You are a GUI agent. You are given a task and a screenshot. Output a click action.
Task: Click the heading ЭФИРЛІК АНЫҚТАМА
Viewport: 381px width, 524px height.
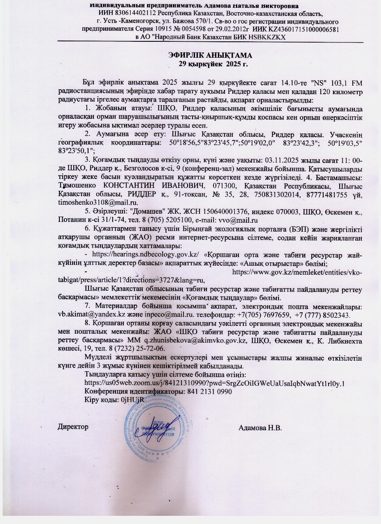[212, 55]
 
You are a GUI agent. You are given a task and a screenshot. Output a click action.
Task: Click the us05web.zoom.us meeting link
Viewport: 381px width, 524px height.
[214, 383]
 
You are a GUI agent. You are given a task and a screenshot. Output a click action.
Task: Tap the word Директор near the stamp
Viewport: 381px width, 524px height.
[73, 427]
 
